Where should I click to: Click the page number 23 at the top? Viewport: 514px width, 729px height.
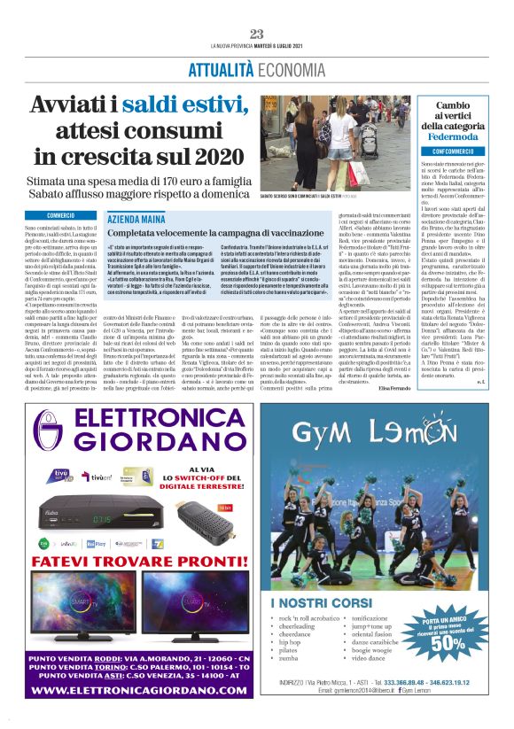(x=257, y=34)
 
